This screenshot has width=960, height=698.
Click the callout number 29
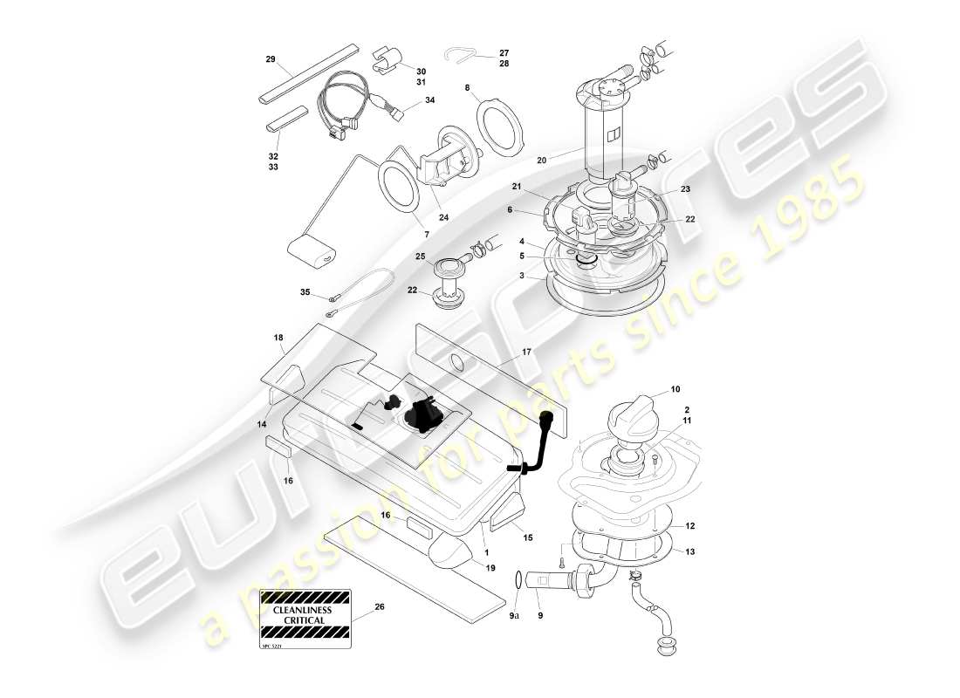271,59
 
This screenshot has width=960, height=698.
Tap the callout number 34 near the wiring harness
429,100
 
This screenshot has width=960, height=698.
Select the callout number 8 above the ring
468,88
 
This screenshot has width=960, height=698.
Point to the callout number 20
541,161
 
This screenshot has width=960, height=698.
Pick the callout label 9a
514,616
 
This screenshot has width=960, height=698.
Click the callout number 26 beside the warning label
379,606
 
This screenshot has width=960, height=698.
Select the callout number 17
527,352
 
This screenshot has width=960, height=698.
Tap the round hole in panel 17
456,364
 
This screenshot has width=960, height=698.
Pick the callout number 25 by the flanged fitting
420,257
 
